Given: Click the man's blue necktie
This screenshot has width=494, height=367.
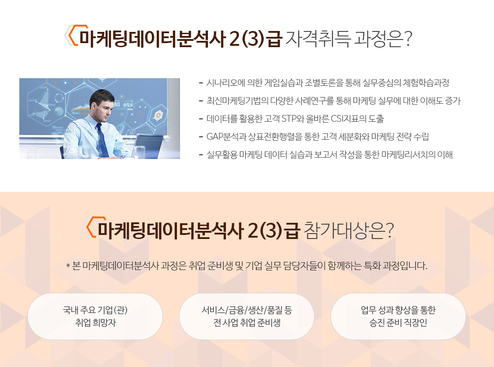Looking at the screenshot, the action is click(x=101, y=140).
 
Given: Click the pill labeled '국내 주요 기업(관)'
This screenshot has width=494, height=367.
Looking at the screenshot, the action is click(x=95, y=316).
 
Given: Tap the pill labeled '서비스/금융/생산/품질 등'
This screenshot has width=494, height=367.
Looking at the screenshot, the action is click(x=247, y=316).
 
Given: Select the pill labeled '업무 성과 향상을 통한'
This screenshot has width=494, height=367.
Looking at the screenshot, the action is click(x=398, y=316).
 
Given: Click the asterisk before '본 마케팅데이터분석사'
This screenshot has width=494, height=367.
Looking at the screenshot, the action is click(x=68, y=266).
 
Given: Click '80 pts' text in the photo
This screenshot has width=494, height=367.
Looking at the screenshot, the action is click(x=123, y=104).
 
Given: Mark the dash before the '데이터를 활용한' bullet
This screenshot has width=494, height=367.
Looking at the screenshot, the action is click(x=201, y=119).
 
